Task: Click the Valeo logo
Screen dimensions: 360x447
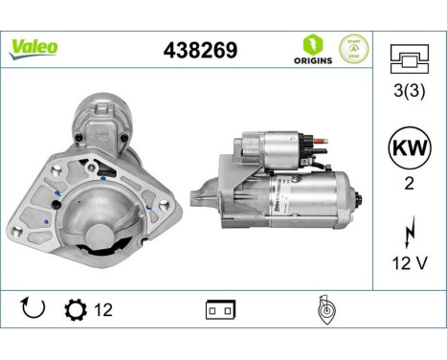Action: tap(34, 47)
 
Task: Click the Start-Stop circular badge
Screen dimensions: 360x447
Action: tap(353, 48)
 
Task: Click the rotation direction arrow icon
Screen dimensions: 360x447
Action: tap(32, 309)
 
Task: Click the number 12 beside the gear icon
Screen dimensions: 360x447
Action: tap(103, 310)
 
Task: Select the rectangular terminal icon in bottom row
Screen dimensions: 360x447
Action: tap(219, 310)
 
